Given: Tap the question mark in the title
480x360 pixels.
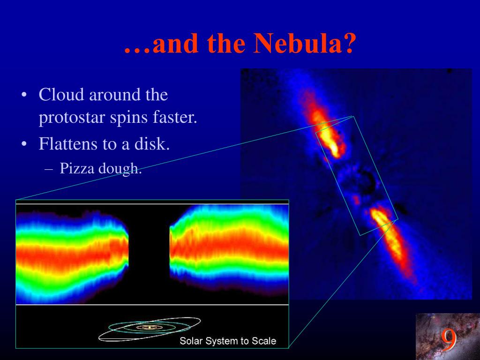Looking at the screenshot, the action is (349, 43).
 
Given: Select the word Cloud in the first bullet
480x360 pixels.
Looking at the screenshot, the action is (61, 94).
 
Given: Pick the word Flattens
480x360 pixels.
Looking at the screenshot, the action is (67, 143).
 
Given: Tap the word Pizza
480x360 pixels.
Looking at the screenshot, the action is (77, 168).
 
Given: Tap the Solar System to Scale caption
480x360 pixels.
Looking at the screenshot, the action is (228, 341).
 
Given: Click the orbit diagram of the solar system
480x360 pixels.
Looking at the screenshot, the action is (150, 329).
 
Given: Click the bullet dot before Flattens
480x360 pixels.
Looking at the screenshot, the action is (24, 143).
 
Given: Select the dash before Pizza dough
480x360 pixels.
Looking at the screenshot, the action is (48, 169).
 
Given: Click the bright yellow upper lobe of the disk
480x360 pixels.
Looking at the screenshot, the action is (328, 135).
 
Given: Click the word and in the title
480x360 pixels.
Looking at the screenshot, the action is (176, 43).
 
